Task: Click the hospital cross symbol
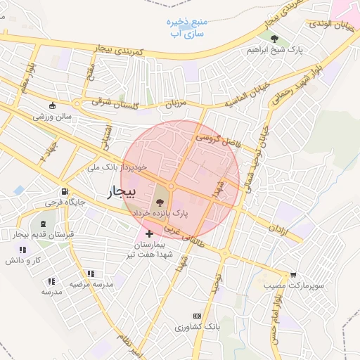point(148,233)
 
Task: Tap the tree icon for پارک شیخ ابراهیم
point(274,39)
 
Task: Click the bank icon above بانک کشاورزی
point(196,317)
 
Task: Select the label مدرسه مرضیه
point(91,284)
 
